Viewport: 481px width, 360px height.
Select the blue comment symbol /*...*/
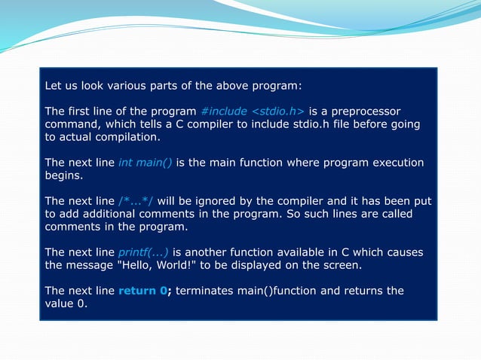[136, 201]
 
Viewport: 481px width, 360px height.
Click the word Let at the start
[54, 86]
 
